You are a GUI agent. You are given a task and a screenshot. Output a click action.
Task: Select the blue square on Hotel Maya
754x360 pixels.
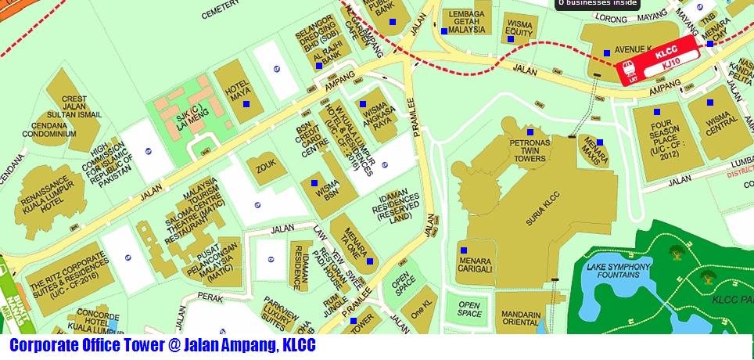[x=246, y=103]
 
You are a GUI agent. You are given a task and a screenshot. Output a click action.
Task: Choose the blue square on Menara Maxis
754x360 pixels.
[x=600, y=142]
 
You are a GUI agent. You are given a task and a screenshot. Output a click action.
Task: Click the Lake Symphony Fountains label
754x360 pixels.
[x=618, y=271]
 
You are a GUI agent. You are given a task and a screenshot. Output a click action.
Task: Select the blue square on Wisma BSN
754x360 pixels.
[x=314, y=183]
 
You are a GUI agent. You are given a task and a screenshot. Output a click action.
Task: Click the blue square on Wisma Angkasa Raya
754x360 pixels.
[x=362, y=104]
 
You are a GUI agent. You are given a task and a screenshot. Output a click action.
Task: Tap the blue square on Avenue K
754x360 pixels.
[x=607, y=54]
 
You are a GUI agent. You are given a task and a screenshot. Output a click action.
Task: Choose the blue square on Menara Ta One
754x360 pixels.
[x=370, y=261]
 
